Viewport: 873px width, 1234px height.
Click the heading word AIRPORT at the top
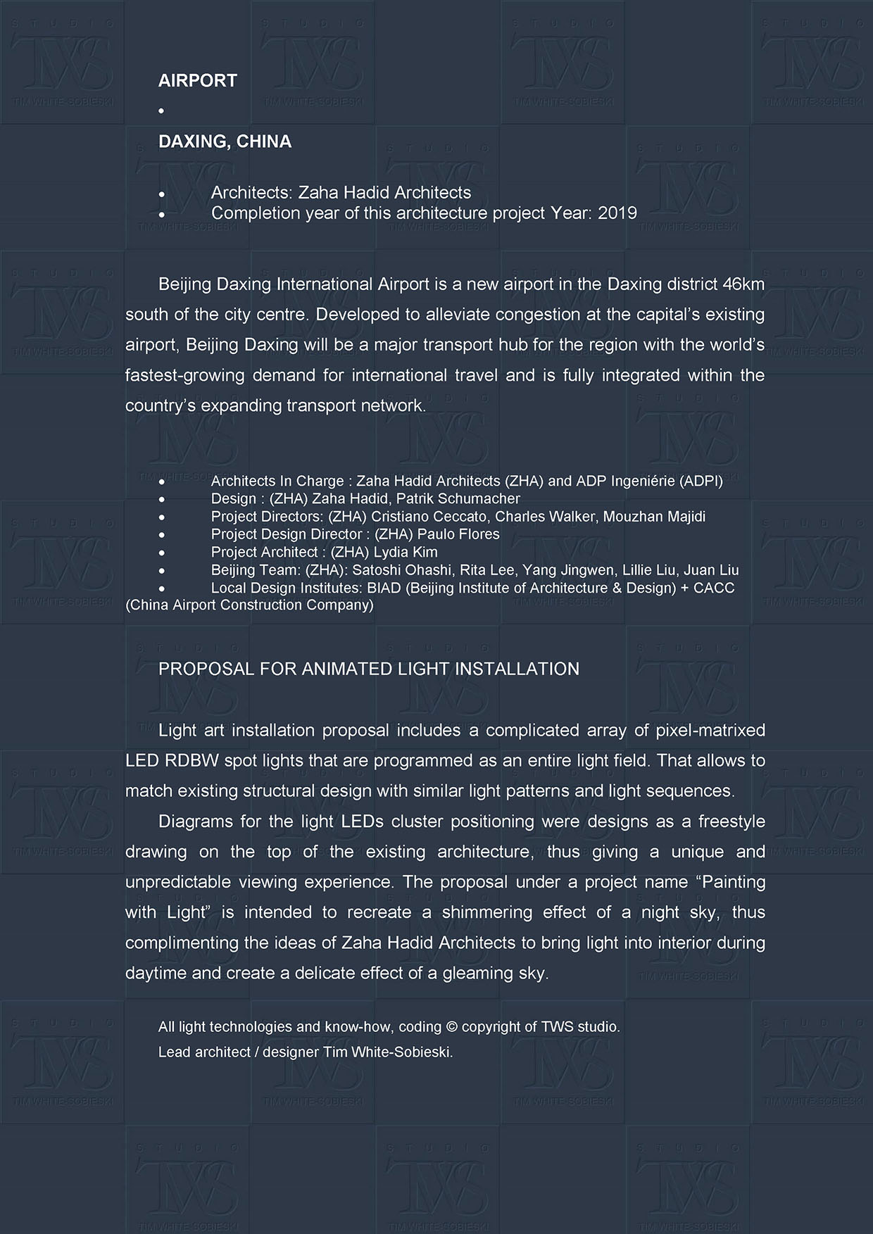tap(198, 81)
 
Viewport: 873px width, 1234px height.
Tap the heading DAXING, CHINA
tap(225, 141)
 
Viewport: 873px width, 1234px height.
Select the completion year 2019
tap(617, 213)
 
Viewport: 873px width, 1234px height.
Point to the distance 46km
tap(743, 284)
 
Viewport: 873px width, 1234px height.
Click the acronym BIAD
tap(384, 588)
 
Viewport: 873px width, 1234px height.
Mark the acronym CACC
tap(714, 588)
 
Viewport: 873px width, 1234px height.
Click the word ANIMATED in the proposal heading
tap(348, 669)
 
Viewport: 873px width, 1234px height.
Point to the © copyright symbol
tap(452, 1027)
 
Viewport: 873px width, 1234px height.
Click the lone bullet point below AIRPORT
tap(161, 111)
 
